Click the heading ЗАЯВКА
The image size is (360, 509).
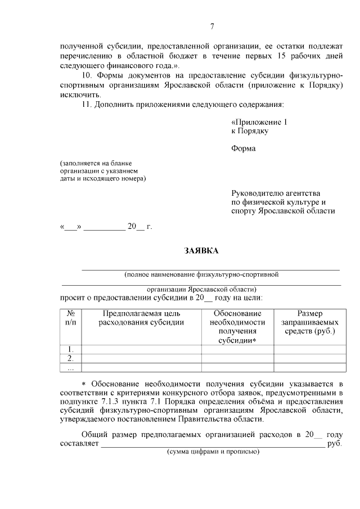tap(201, 250)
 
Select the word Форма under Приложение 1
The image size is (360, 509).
tap(243, 148)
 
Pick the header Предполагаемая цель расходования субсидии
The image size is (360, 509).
tap(141, 318)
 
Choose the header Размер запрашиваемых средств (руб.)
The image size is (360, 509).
tap(309, 323)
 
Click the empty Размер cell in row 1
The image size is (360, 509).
tap(309, 349)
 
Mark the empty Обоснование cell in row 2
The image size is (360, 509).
tap(237, 358)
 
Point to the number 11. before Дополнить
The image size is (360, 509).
tap(87, 105)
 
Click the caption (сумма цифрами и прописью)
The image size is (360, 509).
tap(212, 452)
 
